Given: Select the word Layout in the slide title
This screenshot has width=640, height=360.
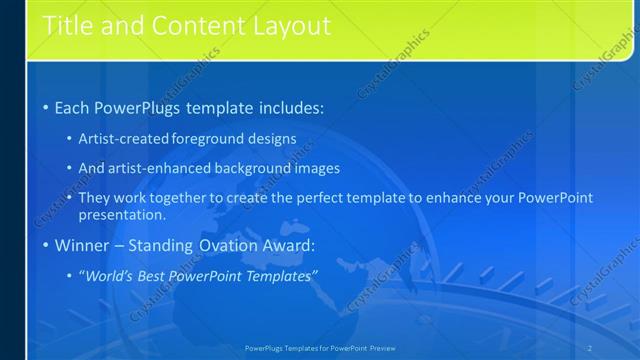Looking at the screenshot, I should click(x=283, y=26).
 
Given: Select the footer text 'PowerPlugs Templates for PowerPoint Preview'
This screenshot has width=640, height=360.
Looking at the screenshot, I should click(x=319, y=348).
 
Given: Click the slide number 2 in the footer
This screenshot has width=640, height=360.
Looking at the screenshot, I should click(x=589, y=348).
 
